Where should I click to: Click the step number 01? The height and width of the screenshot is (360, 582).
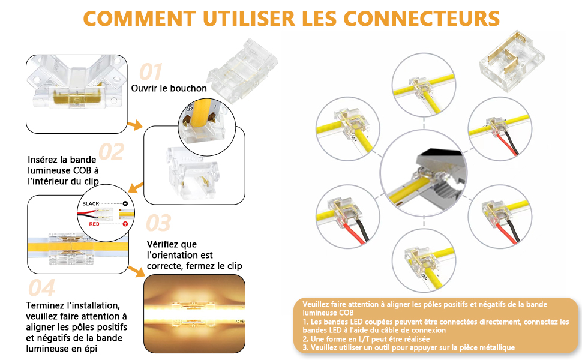click(x=151, y=72)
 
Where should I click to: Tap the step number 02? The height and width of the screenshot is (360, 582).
click(x=111, y=151)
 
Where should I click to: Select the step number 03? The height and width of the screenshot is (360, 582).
click(x=158, y=223)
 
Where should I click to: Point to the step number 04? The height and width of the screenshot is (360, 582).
click(x=42, y=288)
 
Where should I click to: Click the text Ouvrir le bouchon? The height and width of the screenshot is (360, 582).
click(x=169, y=88)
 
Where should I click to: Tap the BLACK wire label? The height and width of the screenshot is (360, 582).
click(x=92, y=204)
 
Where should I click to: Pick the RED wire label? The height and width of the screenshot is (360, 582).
click(x=94, y=224)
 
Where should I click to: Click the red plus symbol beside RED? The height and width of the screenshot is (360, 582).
click(x=125, y=224)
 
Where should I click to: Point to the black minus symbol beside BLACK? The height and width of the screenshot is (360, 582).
click(x=125, y=204)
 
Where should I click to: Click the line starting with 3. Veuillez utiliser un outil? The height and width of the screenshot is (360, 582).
click(x=408, y=347)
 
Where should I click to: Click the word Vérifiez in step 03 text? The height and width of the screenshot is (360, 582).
click(x=163, y=244)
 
